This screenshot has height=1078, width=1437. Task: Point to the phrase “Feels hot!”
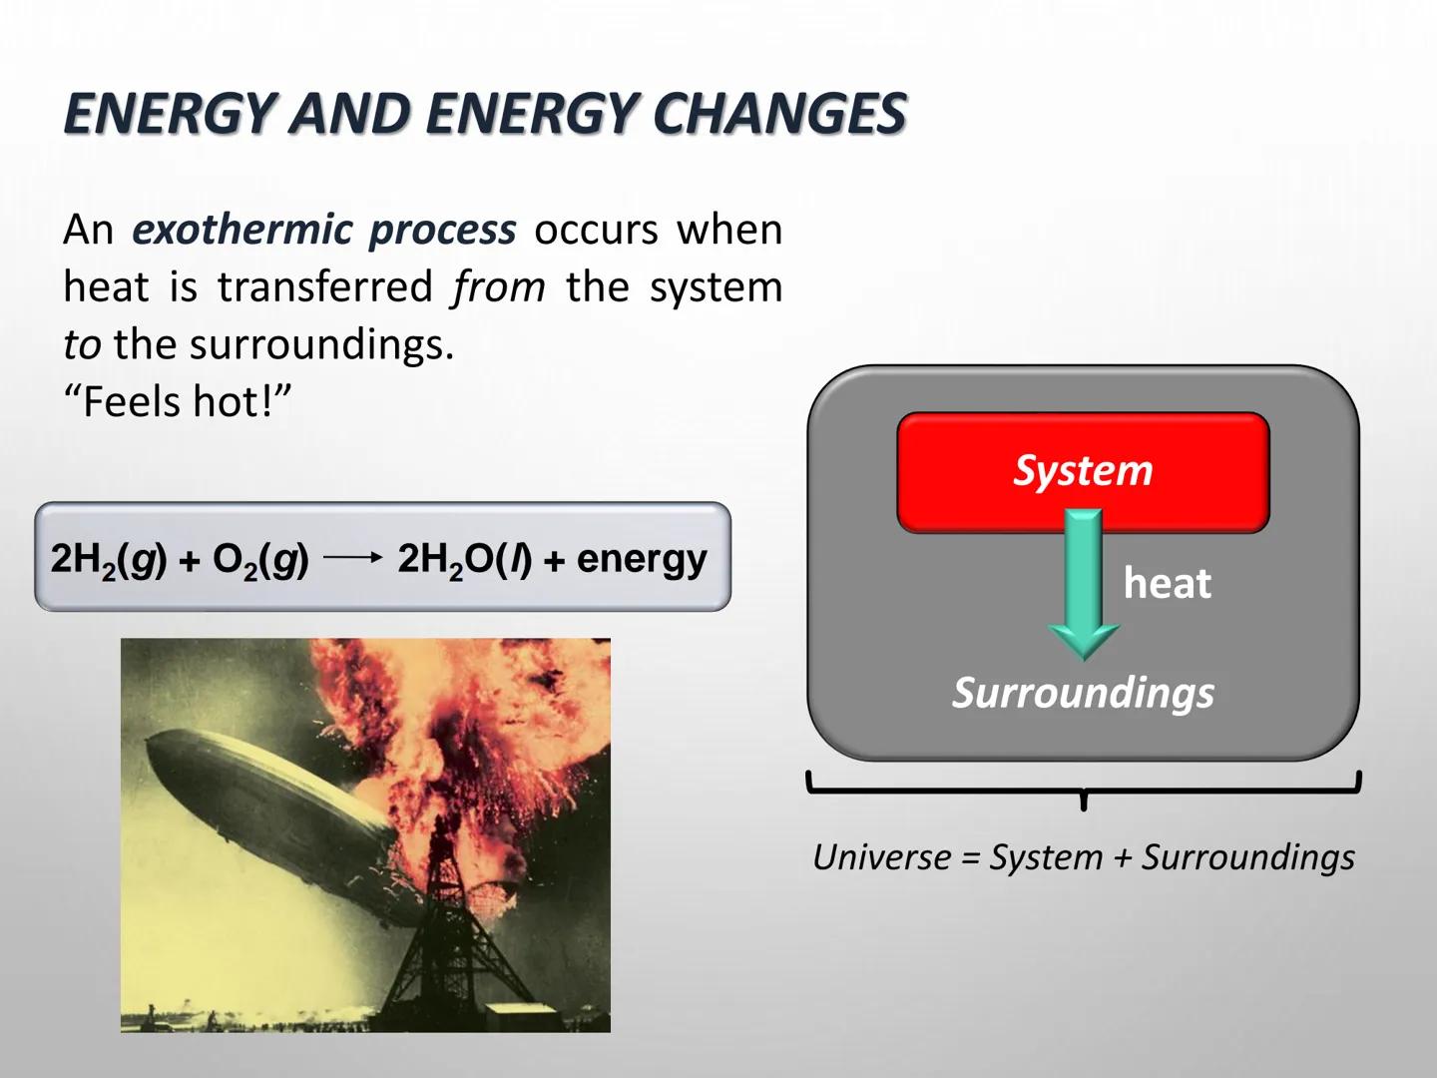coord(178,402)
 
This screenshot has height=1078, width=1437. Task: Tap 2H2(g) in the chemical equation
coord(108,559)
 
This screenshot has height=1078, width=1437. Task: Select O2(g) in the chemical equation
coord(260,559)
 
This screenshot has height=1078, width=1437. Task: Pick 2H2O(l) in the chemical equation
coord(464,559)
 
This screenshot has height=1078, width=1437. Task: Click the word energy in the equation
coord(642,559)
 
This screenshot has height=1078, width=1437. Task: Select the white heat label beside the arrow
coord(1167,583)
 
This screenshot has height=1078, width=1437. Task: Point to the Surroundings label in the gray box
coord(1083,692)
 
